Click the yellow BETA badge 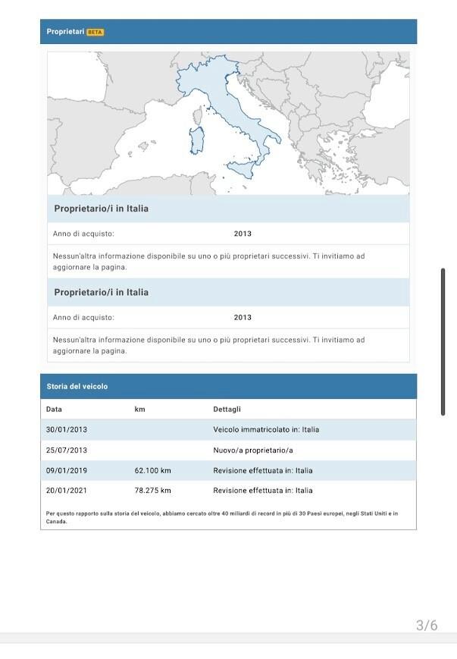[x=95, y=32]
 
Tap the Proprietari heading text [x=65, y=32]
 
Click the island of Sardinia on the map [x=197, y=139]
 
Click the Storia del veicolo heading [x=77, y=387]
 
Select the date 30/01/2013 [x=67, y=430]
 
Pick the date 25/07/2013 [x=67, y=450]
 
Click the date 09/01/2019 [x=67, y=471]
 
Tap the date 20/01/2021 [x=67, y=491]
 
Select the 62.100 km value [x=153, y=471]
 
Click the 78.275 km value [x=153, y=491]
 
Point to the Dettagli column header [x=227, y=410]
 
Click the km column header [x=139, y=410]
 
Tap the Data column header [x=54, y=410]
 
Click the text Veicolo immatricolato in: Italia [x=266, y=430]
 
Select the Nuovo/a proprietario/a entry [x=253, y=450]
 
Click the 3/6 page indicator [x=427, y=626]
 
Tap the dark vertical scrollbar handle [x=443, y=341]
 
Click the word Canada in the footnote [x=57, y=522]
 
